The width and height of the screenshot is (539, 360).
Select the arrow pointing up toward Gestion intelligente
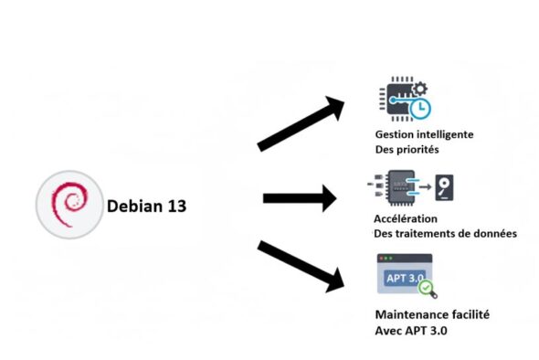(301, 123)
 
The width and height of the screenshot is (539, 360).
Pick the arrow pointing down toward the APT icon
(301, 266)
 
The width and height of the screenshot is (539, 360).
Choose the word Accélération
(406, 219)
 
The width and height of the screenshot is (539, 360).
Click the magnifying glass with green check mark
(425, 290)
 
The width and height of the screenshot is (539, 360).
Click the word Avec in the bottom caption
(389, 330)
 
